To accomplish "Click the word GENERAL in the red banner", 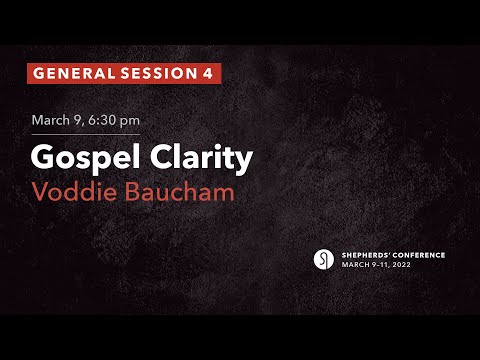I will click(69, 73).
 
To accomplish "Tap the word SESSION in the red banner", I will click(154, 73).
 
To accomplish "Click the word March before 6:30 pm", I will click(51, 120).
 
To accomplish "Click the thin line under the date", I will click(85, 134).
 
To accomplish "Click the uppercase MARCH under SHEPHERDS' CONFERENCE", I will click(355, 265).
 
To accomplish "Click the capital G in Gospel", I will click(43, 158).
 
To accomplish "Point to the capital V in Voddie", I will click(40, 191).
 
